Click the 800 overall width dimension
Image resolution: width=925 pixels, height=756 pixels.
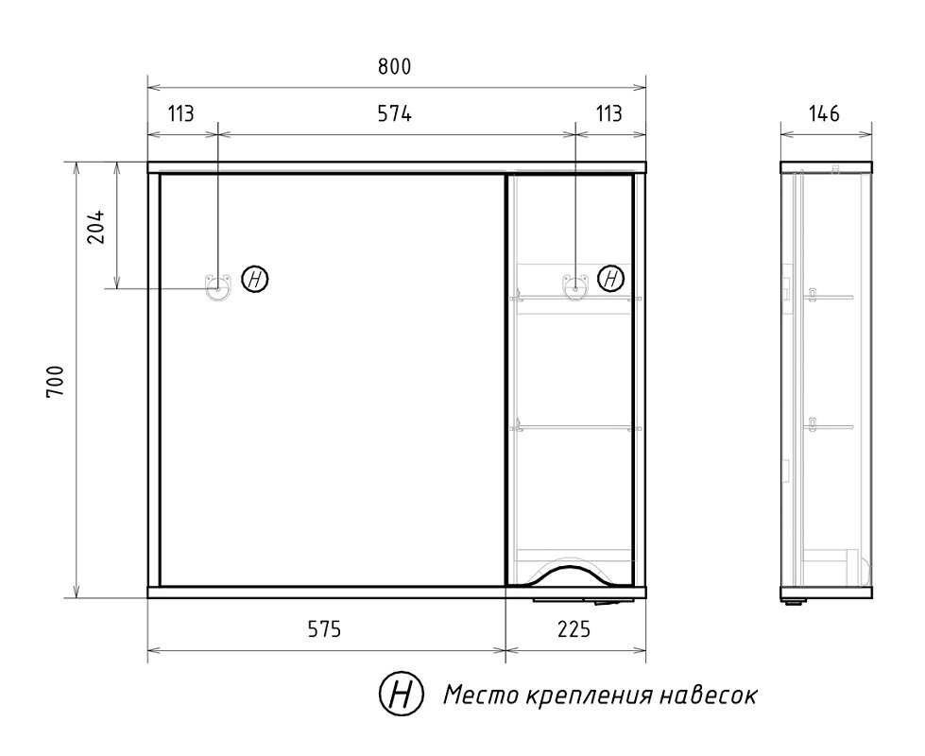pyautogui.click(x=395, y=67)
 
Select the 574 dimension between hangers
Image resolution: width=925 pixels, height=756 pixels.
pyautogui.click(x=395, y=114)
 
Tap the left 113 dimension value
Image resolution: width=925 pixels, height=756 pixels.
pyautogui.click(x=181, y=114)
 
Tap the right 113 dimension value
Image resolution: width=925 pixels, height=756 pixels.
pyautogui.click(x=609, y=114)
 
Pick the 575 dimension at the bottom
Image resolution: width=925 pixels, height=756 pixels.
pyautogui.click(x=326, y=630)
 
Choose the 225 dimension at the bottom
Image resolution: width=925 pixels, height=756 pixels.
pyautogui.click(x=574, y=630)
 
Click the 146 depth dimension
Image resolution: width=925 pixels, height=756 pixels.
pyautogui.click(x=825, y=114)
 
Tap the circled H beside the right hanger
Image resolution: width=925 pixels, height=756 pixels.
pyautogui.click(x=612, y=279)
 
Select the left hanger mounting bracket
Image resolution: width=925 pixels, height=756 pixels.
pyautogui.click(x=217, y=284)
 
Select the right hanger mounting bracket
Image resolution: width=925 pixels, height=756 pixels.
pyautogui.click(x=575, y=284)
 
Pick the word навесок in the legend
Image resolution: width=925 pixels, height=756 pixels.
pyautogui.click(x=711, y=696)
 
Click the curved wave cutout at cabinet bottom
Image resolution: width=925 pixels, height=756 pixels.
pyautogui.click(x=569, y=570)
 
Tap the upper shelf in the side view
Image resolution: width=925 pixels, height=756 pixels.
pyautogui.click(x=829, y=297)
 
